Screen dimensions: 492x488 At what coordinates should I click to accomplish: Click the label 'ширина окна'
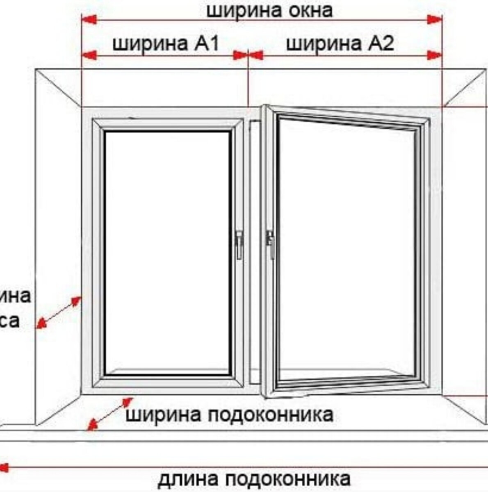click(x=269, y=11)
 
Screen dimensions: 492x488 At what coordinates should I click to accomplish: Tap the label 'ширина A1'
click(x=166, y=43)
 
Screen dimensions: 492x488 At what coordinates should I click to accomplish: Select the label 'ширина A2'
click(x=340, y=43)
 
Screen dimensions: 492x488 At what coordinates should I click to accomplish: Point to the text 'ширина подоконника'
click(x=229, y=415)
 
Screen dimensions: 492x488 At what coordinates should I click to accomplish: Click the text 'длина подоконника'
click(x=254, y=478)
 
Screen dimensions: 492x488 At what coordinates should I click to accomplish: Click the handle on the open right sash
click(x=270, y=244)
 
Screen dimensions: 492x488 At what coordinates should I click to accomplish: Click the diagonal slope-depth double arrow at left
click(x=58, y=312)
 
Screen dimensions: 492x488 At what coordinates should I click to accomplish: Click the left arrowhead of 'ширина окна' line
click(x=89, y=19)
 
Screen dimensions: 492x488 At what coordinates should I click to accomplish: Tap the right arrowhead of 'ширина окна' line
click(x=435, y=19)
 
